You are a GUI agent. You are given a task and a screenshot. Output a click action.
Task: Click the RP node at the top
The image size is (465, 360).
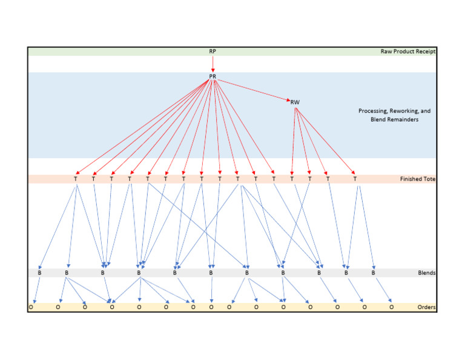click(x=213, y=52)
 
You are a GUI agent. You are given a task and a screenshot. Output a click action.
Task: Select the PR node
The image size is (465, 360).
click(x=213, y=76)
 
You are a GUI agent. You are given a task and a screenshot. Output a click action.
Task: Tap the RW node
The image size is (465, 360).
click(x=295, y=102)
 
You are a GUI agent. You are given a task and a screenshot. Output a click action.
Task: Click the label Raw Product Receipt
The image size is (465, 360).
click(x=407, y=52)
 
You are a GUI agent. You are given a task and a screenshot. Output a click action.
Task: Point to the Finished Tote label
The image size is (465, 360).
click(x=417, y=179)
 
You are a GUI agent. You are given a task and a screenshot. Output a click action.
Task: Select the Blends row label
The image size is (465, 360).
click(x=426, y=273)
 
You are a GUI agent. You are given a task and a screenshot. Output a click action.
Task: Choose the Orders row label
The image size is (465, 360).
click(x=426, y=307)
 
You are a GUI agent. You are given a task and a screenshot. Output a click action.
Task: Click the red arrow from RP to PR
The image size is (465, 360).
click(x=213, y=64)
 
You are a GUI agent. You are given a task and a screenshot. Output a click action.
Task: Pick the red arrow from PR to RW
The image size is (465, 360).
click(x=254, y=90)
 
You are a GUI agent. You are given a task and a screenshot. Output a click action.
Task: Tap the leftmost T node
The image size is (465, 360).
click(x=76, y=179)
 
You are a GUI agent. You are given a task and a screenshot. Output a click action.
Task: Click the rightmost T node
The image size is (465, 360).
click(x=355, y=179)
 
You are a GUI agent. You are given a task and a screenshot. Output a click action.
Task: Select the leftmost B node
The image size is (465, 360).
click(x=39, y=273)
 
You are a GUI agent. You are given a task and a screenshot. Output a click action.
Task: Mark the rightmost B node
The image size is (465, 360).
click(x=374, y=273)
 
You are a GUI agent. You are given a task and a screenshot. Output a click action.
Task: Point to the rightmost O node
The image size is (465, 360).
click(x=391, y=307)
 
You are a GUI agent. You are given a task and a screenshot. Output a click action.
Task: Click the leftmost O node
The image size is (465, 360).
click(x=31, y=307)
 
